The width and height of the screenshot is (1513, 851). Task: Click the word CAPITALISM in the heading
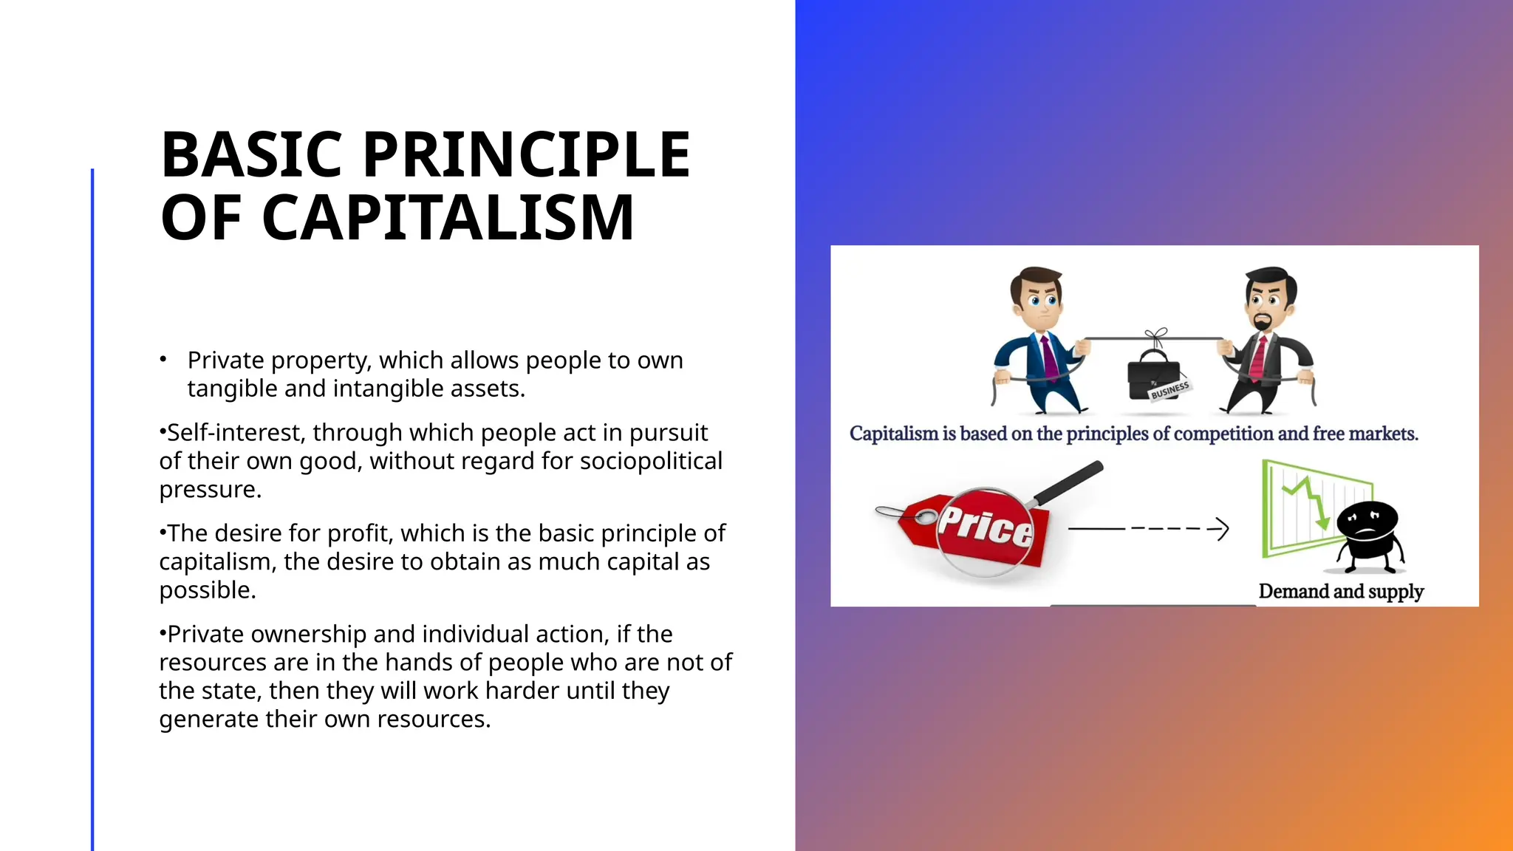point(448,218)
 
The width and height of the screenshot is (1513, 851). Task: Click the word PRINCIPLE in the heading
point(526,155)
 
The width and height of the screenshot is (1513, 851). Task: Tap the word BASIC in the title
point(251,155)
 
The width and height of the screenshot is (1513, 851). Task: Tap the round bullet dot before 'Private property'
point(163,360)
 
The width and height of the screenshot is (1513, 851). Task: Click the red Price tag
point(975,528)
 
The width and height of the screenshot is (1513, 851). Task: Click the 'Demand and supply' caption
point(1340,592)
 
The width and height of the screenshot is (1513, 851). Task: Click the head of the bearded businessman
point(1269,299)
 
